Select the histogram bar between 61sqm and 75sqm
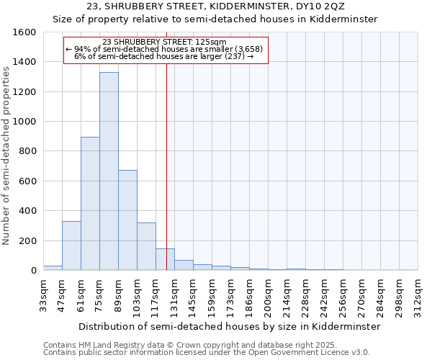tap(90, 204)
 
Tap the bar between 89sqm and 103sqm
tap(127, 220)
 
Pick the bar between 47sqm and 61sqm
tap(71, 246)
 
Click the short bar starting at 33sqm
tap(53, 268)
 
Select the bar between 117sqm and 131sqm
tap(165, 259)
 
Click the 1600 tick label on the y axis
tap(24, 32)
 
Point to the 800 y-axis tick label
tap(27, 152)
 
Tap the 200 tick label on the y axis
tap(27, 241)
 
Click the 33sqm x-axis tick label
tap(44, 293)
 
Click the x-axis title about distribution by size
tap(229, 326)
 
